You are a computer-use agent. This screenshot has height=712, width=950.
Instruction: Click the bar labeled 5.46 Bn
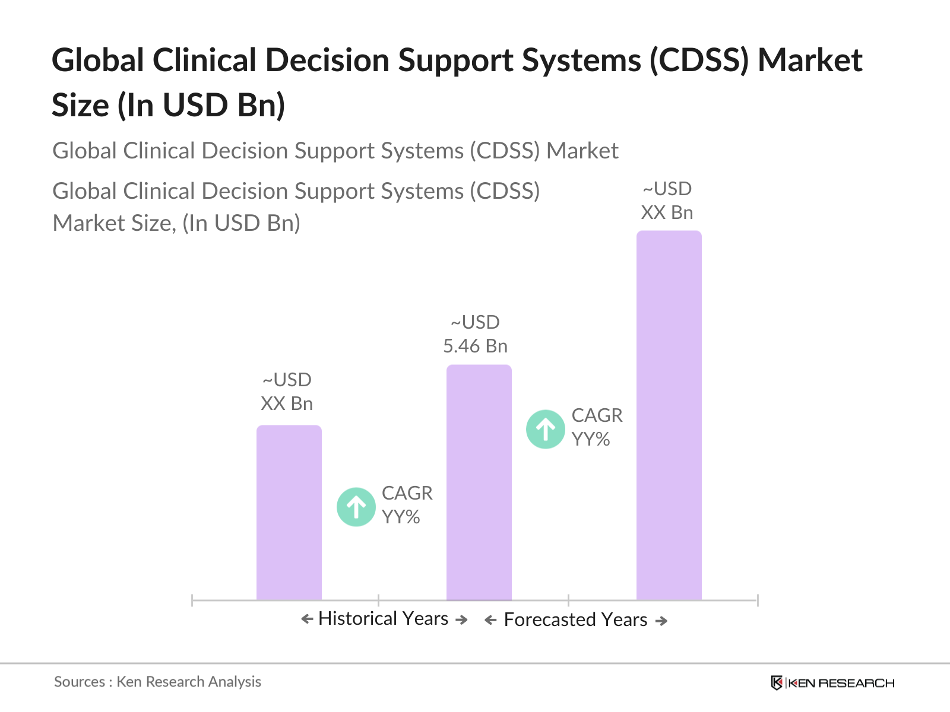(479, 482)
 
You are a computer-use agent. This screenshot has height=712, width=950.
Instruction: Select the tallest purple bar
(669, 415)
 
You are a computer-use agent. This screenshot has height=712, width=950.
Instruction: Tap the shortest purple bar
(289, 513)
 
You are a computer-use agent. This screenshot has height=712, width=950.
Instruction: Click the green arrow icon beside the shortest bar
(356, 507)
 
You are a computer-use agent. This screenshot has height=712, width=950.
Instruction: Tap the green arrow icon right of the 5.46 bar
(545, 429)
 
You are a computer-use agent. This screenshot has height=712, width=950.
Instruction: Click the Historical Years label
(383, 619)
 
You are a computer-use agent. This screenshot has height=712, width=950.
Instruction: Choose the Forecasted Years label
(575, 620)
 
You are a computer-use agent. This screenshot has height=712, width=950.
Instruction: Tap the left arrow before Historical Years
(307, 619)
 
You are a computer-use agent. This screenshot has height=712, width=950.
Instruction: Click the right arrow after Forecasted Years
(661, 621)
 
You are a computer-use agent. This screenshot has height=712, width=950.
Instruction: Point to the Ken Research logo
(832, 683)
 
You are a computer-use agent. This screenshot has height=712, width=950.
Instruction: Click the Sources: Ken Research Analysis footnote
(157, 682)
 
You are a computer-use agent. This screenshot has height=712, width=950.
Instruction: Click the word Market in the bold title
(810, 61)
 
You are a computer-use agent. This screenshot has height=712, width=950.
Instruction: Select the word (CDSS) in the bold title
(699, 61)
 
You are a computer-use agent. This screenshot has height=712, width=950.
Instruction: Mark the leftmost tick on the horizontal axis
(192, 600)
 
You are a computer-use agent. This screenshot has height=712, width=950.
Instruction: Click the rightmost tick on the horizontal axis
(758, 600)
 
